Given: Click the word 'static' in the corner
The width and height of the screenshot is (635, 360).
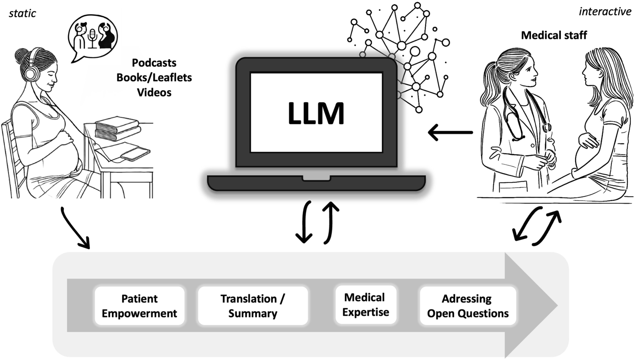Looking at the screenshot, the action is pyautogui.click(x=22, y=13).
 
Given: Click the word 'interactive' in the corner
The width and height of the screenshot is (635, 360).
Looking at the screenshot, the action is pyautogui.click(x=605, y=12).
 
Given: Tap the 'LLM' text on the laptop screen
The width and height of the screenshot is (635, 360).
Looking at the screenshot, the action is pyautogui.click(x=316, y=113).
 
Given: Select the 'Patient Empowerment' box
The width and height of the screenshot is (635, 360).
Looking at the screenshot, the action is pyautogui.click(x=139, y=306).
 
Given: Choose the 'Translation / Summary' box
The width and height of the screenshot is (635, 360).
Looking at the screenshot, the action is pyautogui.click(x=253, y=306).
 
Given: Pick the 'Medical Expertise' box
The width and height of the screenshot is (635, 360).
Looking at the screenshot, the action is pyautogui.click(x=366, y=305).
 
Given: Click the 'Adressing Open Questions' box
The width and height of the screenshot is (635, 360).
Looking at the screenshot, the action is pyautogui.click(x=468, y=306).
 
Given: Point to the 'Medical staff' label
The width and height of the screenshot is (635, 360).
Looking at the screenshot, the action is pyautogui.click(x=554, y=35).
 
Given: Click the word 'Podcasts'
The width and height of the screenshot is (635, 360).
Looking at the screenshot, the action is pyautogui.click(x=154, y=63).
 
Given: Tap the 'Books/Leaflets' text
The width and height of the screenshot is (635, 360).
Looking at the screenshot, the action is pyautogui.click(x=154, y=78).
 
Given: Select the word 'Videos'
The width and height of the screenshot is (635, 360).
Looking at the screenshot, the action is pyautogui.click(x=154, y=93).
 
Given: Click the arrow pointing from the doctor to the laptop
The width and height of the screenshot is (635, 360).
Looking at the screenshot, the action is pyautogui.click(x=450, y=133).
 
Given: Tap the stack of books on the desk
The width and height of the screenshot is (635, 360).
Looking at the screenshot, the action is pyautogui.click(x=117, y=128).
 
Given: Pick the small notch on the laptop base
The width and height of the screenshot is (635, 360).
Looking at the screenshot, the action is pyautogui.click(x=316, y=178).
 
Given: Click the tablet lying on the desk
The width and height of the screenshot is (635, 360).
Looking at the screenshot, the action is pyautogui.click(x=135, y=154).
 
